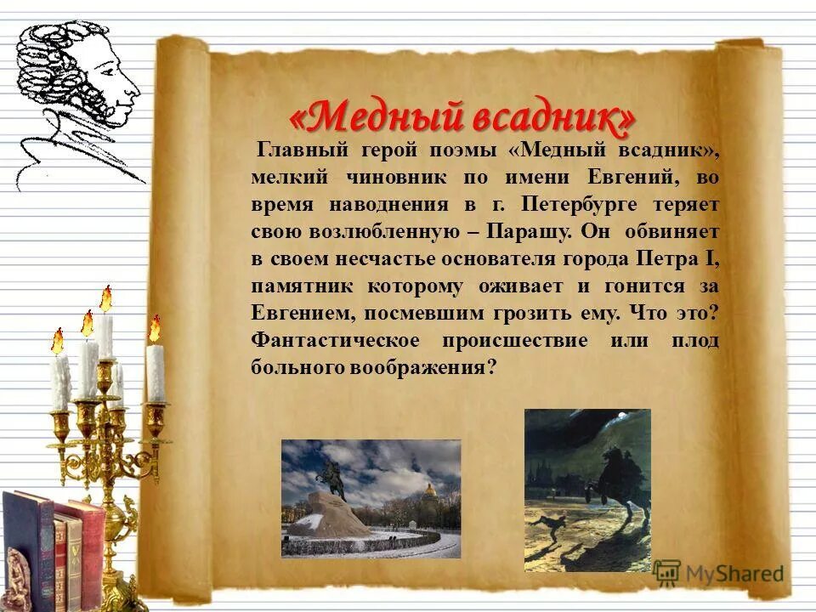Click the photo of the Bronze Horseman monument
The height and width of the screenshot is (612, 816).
(x=371, y=498)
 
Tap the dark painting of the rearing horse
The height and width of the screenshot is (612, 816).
(x=587, y=490)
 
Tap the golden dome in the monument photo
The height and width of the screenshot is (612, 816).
(x=430, y=490)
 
